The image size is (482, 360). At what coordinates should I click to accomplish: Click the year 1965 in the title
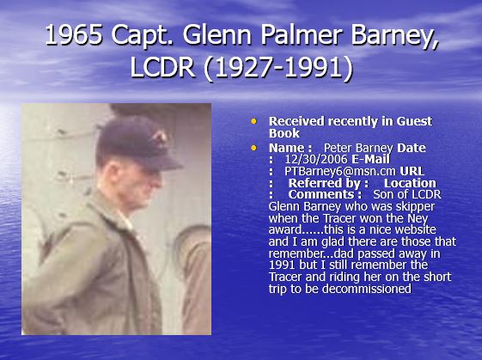(x=74, y=34)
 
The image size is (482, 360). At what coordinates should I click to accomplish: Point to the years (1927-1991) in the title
(x=278, y=68)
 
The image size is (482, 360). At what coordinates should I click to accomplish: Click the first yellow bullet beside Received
(x=253, y=121)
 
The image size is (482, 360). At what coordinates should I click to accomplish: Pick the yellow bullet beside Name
(x=253, y=148)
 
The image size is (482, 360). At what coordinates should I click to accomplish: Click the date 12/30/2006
(x=316, y=159)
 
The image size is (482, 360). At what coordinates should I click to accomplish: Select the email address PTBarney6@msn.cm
(x=340, y=171)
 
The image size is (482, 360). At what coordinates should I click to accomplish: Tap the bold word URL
(x=412, y=171)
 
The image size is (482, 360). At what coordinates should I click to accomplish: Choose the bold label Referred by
(x=328, y=183)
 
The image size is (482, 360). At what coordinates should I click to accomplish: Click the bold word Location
(x=410, y=183)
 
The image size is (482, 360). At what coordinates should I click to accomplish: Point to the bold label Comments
(x=325, y=194)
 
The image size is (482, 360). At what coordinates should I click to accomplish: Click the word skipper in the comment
(x=415, y=206)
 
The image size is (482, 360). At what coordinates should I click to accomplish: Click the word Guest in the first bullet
(x=414, y=121)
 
